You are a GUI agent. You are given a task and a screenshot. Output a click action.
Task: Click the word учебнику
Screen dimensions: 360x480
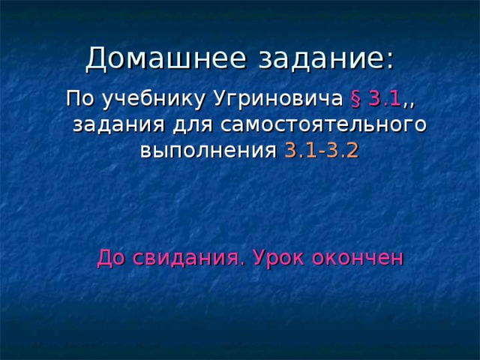pyautogui.click(x=138, y=100)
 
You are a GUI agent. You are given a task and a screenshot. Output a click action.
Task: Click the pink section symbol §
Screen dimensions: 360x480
pyautogui.click(x=355, y=99)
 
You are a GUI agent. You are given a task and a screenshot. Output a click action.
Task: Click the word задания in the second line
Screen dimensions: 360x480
pyautogui.click(x=112, y=125)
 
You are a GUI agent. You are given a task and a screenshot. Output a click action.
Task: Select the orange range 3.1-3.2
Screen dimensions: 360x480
pyautogui.click(x=321, y=150)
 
